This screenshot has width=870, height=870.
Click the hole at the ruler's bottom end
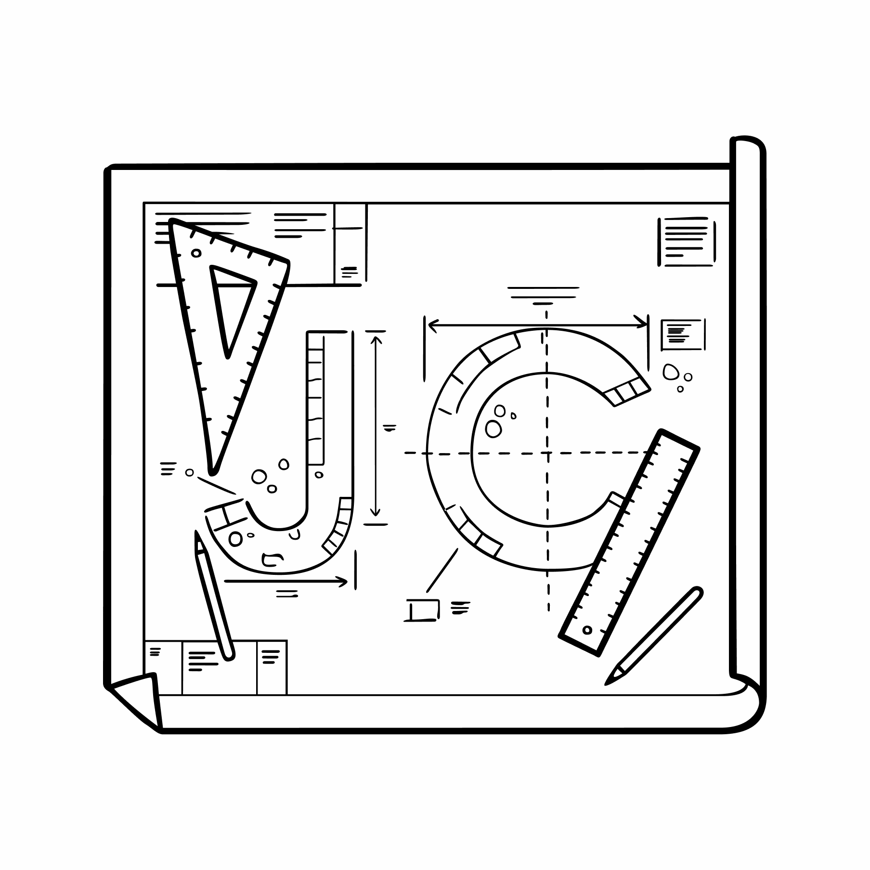(586, 630)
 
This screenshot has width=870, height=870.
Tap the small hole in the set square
(196, 253)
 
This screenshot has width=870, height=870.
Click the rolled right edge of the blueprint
(748, 409)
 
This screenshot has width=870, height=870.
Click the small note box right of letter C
(682, 334)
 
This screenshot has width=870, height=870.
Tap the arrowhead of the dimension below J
(345, 582)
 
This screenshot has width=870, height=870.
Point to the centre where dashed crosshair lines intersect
(547, 453)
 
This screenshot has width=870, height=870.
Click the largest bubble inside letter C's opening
(493, 429)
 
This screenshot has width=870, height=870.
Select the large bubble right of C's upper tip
(671, 372)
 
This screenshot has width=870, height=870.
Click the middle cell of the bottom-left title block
(219, 667)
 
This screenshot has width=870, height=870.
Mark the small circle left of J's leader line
(189, 472)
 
